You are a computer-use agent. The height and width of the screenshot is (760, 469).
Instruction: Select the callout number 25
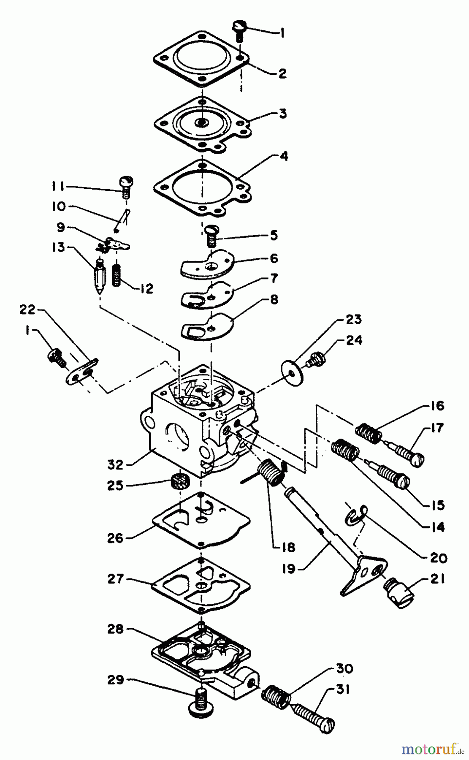[x=114, y=486]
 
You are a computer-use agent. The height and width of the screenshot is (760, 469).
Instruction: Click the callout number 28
[x=115, y=629]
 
